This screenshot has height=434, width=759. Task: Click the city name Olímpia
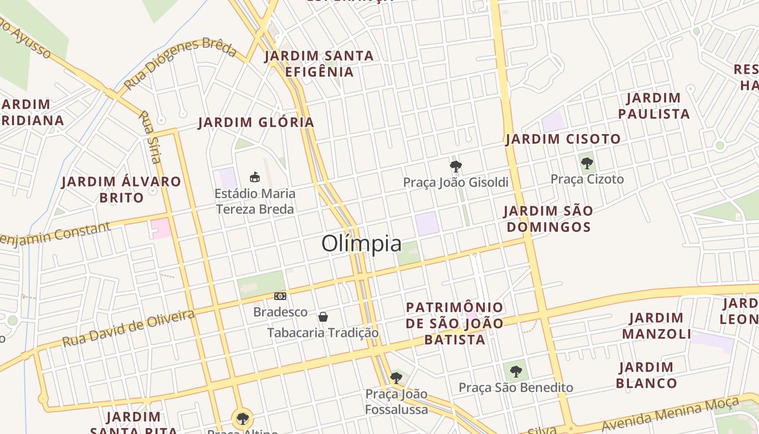click(362, 244)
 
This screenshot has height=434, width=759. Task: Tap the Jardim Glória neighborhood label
click(256, 122)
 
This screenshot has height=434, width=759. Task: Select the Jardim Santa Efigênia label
click(319, 63)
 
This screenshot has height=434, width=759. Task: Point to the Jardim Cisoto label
click(563, 139)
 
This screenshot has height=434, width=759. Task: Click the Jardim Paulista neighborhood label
click(654, 106)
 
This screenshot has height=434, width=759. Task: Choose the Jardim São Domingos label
click(548, 218)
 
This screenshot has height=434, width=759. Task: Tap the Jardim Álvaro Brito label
click(121, 189)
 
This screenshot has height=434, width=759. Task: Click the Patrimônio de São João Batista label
click(454, 323)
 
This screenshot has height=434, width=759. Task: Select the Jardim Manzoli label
click(657, 325)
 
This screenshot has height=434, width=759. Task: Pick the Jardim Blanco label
click(646, 375)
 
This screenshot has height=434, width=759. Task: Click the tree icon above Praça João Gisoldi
click(456, 167)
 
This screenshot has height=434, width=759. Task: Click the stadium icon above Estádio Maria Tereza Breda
click(255, 177)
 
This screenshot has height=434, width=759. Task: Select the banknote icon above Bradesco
click(280, 296)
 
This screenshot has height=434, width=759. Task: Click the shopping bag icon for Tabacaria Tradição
click(323, 317)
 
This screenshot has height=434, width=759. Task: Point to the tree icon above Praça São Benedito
click(516, 372)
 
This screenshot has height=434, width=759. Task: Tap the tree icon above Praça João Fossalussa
click(396, 378)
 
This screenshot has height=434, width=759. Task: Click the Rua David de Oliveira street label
click(128, 328)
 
